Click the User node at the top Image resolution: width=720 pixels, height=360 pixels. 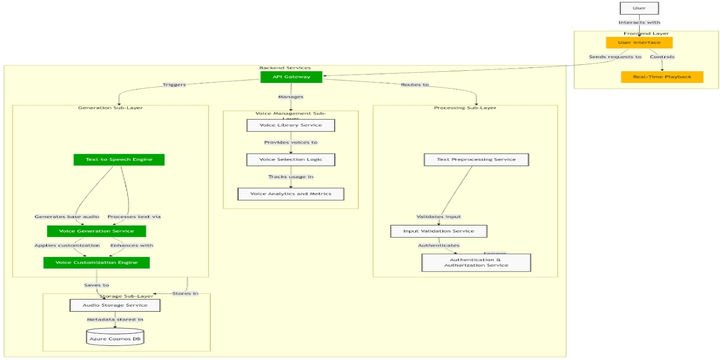(639, 8)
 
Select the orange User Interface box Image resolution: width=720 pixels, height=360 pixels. (639, 43)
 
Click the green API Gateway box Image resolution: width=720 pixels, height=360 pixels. (292, 77)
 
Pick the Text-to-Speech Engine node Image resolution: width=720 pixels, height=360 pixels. (119, 159)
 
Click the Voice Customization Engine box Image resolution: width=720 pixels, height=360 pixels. (96, 263)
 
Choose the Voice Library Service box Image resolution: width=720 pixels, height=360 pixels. (290, 125)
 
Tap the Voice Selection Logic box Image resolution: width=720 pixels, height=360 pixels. (290, 159)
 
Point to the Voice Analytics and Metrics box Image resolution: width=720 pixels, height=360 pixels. (290, 193)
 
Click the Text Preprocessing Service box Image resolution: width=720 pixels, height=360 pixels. (470, 159)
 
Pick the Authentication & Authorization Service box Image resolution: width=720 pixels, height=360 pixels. (476, 263)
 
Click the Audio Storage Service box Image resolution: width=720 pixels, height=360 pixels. (115, 304)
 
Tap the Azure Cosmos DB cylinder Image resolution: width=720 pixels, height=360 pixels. (115, 338)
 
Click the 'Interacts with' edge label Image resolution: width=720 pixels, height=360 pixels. (639, 23)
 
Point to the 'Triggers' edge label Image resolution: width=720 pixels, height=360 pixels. (174, 85)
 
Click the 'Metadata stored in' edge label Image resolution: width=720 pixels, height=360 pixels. (115, 320)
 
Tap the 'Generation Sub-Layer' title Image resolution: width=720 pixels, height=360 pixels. (110, 107)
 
